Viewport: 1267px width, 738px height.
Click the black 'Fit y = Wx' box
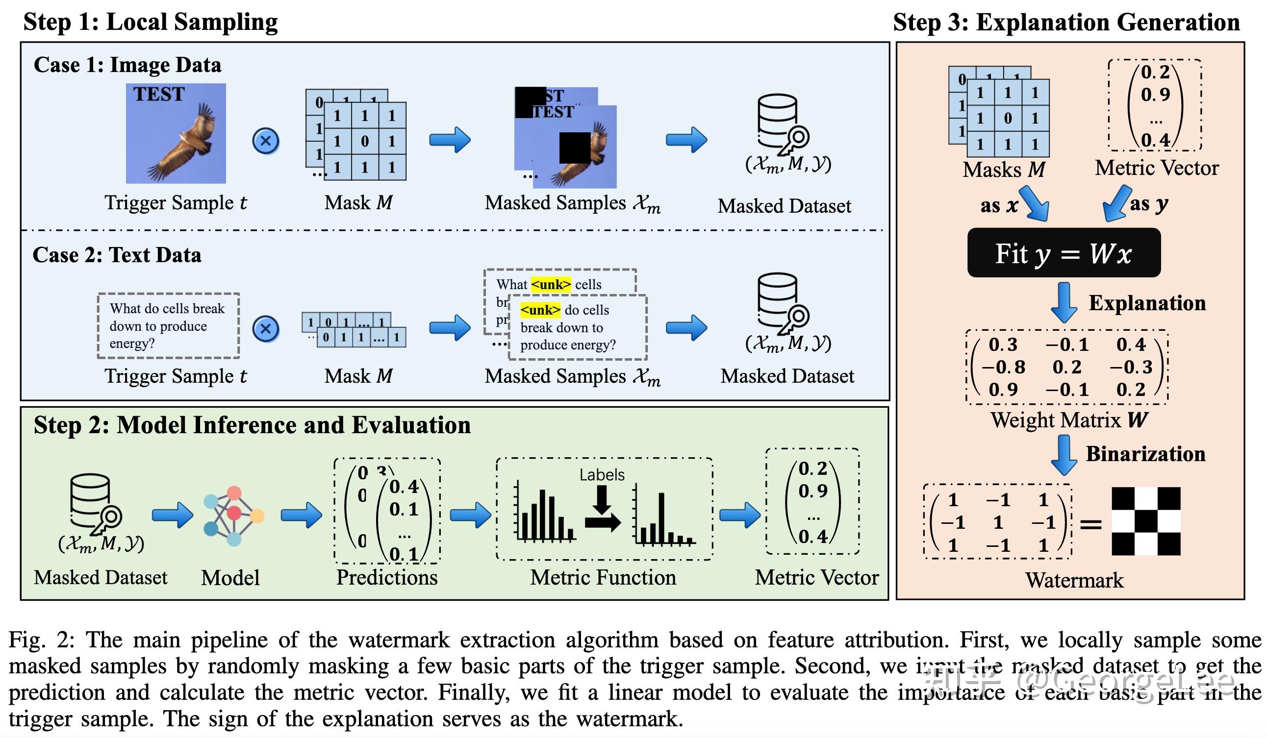1064,253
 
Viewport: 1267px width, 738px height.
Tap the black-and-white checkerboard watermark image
1145,521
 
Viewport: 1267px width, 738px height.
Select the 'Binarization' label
1145,454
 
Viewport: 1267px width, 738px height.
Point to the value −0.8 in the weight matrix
1003,367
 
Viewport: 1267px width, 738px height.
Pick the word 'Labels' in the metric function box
601,475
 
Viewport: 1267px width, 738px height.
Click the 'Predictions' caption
387,578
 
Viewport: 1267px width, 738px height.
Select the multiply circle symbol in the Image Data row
265,141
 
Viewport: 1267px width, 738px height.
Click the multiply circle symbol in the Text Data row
265,329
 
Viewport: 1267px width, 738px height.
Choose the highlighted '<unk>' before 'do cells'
540,310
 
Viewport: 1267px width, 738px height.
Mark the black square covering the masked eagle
575,148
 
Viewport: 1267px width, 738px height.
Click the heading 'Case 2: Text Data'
117,255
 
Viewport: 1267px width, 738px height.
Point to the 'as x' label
998,205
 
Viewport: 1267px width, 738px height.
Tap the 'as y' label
1149,203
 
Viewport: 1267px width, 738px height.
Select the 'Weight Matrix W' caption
1069,420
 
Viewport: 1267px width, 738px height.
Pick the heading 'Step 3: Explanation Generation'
1066,23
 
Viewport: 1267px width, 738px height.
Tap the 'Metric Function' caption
603,578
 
